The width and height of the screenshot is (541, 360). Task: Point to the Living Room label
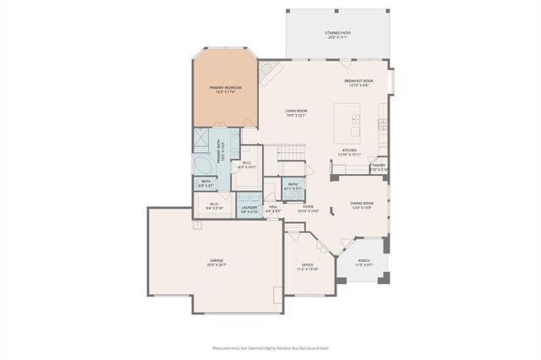point(295,113)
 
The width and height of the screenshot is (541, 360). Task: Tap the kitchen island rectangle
point(347,123)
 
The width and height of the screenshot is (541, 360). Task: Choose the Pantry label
point(379,167)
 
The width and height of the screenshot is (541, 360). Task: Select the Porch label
point(363,263)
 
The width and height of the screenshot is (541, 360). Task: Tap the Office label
point(306,267)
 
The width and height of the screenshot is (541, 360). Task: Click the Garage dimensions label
point(216,265)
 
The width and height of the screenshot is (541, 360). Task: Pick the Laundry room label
point(249,209)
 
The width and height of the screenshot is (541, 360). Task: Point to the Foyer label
point(309,208)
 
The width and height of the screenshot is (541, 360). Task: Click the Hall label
point(273,208)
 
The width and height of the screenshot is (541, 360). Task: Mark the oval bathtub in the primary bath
point(203,164)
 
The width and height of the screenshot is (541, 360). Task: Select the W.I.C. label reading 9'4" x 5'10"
point(214,205)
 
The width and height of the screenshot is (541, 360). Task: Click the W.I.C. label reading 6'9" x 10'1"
point(246,166)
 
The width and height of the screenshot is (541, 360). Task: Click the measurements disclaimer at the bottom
point(270,347)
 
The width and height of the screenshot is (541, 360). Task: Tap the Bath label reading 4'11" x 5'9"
point(292,186)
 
